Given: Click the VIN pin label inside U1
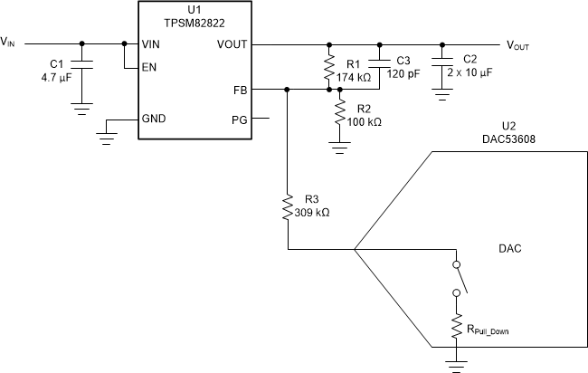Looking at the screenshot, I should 152,43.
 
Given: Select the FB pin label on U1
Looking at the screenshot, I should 239,90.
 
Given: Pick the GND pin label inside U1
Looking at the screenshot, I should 154,119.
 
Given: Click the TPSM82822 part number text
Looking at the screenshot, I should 194,23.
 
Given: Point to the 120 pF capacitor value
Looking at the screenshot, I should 403,75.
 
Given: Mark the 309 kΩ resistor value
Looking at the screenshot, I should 313,214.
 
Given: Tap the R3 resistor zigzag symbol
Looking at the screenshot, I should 286,207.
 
